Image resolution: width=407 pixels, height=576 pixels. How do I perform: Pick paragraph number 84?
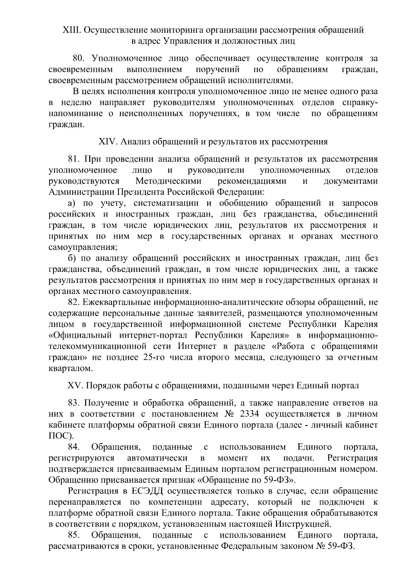pyautogui.click(x=74, y=447)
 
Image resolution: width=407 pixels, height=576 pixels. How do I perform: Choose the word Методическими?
pyautogui.click(x=168, y=181)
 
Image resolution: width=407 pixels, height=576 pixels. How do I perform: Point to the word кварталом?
pyautogui.click(x=70, y=369)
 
